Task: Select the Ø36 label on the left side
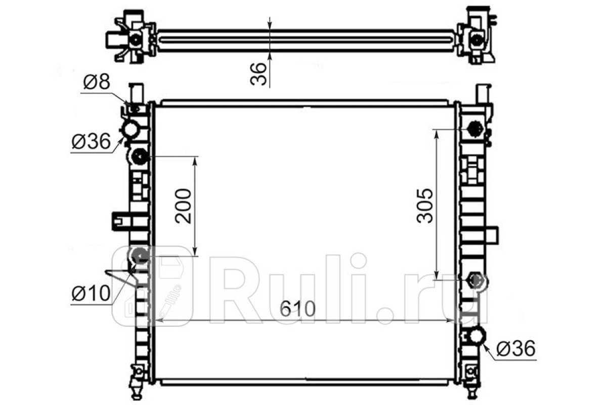91,141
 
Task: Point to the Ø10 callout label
91,293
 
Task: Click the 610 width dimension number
298,308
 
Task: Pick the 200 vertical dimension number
183,207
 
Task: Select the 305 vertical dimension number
425,206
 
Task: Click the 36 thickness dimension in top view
258,74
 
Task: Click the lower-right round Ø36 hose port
477,336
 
